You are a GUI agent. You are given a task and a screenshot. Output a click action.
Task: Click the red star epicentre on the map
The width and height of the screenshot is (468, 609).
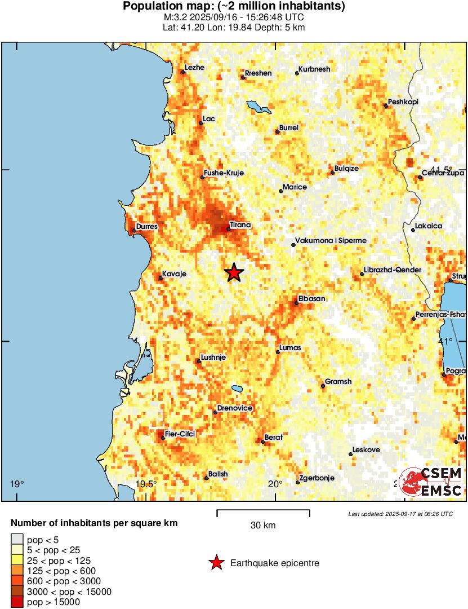tap(234, 272)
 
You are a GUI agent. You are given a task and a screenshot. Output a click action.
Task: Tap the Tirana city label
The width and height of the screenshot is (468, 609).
tap(240, 225)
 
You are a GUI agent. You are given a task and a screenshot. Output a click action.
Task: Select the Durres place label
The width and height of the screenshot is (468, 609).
tap(146, 227)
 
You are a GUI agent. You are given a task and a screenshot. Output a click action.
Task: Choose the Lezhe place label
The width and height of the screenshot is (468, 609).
tap(195, 68)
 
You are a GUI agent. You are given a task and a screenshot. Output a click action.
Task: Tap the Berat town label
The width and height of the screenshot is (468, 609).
tap(274, 438)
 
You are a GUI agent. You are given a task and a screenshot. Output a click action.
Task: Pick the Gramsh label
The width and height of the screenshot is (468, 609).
tap(338, 382)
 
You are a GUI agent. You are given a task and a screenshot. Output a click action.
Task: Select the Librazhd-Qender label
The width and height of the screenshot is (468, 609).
tap(393, 270)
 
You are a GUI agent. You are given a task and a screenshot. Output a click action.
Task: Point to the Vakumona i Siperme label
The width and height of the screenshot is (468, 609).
tap(331, 241)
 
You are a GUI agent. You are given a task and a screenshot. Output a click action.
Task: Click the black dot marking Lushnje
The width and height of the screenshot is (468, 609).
tap(198, 361)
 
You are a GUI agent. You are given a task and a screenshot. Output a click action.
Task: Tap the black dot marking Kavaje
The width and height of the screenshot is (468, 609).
tap(160, 277)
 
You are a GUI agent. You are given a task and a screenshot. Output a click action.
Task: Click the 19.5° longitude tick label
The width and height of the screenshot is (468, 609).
tap(146, 484)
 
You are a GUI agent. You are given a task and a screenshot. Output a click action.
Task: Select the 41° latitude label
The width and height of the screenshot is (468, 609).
tap(445, 341)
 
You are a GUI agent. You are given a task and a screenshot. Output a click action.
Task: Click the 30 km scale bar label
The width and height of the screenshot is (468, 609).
tap(263, 526)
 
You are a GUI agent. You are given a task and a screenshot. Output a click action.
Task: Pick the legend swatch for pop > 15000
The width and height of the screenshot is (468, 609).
tap(17, 602)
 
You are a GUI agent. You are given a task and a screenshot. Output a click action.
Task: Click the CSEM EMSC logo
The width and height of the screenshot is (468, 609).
tap(430, 482)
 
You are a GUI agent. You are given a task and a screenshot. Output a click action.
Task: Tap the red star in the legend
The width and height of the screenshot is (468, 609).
tap(216, 563)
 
